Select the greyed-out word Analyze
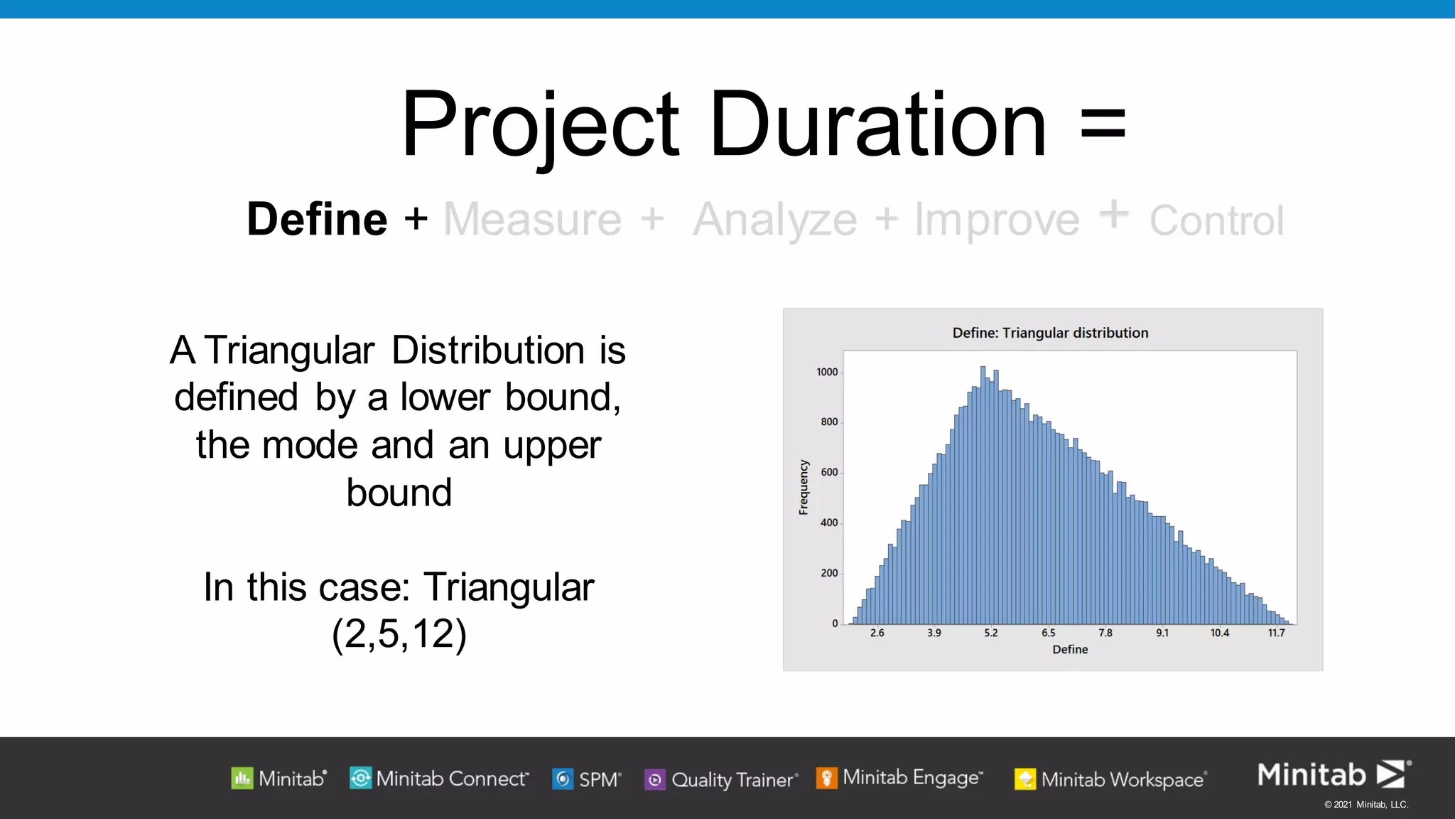tap(775, 220)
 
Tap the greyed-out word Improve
tap(997, 220)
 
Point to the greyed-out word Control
tap(1216, 220)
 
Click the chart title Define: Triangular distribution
tap(1050, 333)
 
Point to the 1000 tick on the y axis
tap(827, 372)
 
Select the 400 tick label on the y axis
tap(829, 523)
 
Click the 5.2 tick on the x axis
tap(991, 633)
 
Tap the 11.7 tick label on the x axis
tap(1276, 633)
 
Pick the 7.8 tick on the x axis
tap(1105, 633)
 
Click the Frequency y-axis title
tap(804, 487)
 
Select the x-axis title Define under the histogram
tap(1070, 649)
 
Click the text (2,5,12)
tap(399, 633)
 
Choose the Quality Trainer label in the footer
tap(732, 780)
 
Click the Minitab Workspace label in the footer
tap(1122, 780)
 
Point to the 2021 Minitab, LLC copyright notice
tap(1365, 805)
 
